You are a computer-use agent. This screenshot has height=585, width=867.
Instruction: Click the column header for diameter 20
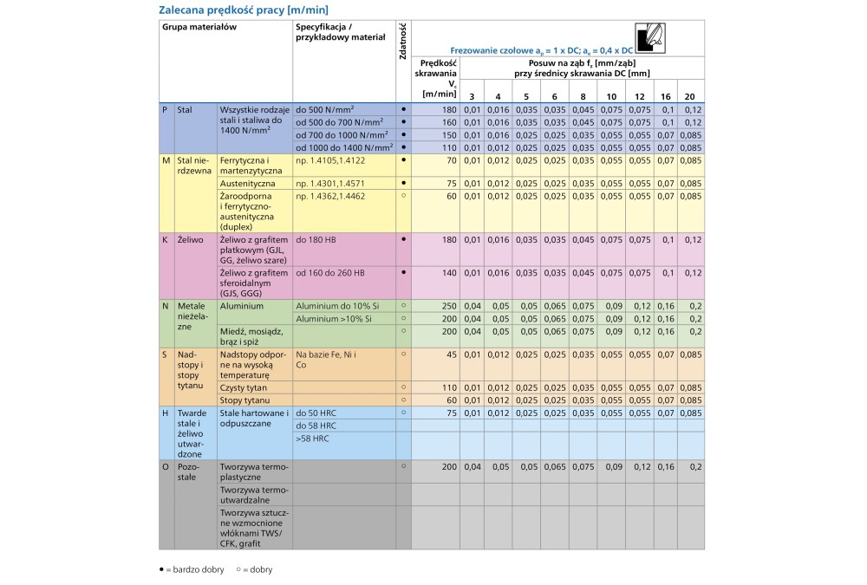point(689,95)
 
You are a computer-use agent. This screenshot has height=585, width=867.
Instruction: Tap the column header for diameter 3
point(472,95)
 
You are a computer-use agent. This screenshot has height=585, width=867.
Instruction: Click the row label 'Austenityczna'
point(248,184)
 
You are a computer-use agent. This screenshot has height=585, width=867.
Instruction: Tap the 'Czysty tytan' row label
point(244,387)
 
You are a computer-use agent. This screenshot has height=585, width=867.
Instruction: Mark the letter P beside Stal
point(165,110)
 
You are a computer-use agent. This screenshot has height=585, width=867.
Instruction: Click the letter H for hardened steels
point(166,413)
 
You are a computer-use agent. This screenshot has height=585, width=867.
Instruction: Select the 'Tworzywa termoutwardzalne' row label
point(253,494)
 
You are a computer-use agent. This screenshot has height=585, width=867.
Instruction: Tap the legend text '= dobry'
point(257,569)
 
